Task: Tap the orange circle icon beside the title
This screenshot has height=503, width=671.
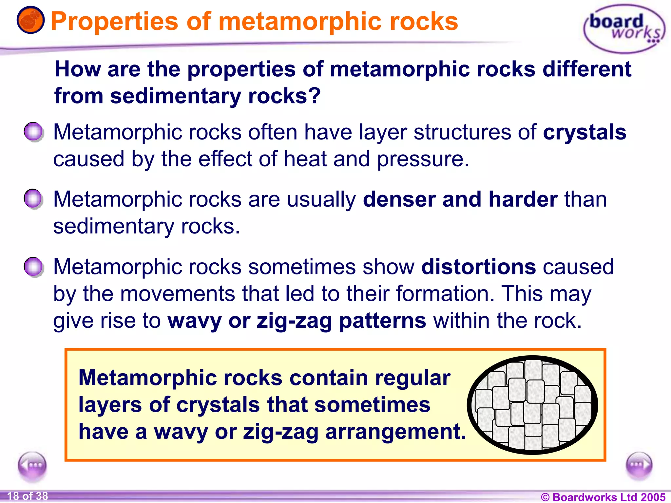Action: pyautogui.click(x=30, y=20)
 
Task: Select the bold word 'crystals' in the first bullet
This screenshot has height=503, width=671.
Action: pyautogui.click(x=585, y=132)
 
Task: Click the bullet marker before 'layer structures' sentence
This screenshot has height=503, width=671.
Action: pyautogui.click(x=33, y=132)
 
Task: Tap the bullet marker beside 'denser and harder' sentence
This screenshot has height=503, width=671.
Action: pyautogui.click(x=33, y=199)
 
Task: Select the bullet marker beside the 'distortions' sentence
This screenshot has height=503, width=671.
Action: pyautogui.click(x=33, y=267)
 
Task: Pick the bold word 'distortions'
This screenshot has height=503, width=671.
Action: pyautogui.click(x=478, y=267)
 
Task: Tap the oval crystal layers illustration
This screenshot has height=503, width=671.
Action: pyautogui.click(x=532, y=405)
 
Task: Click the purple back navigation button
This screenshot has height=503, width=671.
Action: pyautogui.click(x=32, y=465)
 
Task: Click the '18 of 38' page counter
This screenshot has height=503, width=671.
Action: pyautogui.click(x=28, y=496)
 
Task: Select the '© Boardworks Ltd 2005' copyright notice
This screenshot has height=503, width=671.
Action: pyautogui.click(x=603, y=497)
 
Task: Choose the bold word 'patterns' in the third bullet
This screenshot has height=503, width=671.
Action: pyautogui.click(x=382, y=321)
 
